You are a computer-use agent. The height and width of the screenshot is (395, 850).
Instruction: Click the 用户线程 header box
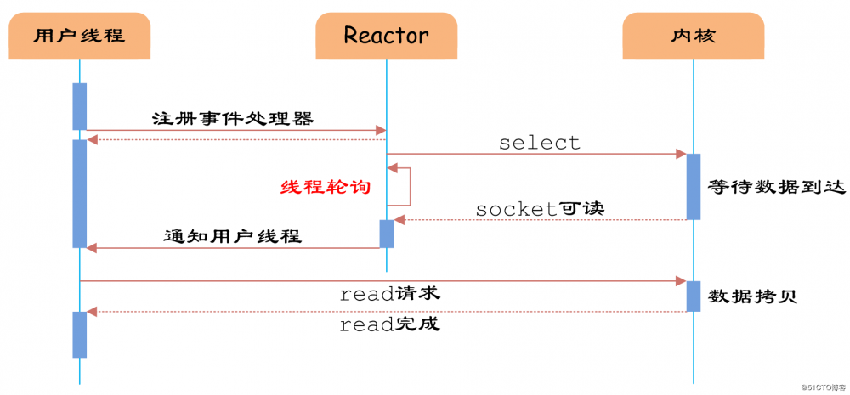point(80,36)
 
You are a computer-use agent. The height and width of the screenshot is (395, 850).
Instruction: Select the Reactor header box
point(386,36)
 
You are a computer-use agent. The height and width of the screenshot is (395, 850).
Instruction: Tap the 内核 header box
point(693,36)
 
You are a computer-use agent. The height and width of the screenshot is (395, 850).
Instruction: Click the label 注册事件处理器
point(232,118)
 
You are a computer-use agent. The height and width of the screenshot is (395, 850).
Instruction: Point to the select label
point(540,143)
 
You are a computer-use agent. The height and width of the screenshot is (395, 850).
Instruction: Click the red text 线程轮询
point(326,187)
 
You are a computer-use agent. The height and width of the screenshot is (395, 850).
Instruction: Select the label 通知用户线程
point(232,236)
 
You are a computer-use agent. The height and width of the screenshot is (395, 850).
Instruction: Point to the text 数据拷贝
point(752,296)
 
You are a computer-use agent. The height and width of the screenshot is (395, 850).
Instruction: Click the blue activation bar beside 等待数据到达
point(693,186)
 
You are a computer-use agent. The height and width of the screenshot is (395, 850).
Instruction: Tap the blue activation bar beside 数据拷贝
point(693,296)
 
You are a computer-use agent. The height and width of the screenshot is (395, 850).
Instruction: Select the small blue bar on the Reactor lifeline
point(386,234)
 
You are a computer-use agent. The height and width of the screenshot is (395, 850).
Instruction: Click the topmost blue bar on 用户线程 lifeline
point(80,106)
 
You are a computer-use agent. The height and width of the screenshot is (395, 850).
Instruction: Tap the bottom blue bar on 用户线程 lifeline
point(80,335)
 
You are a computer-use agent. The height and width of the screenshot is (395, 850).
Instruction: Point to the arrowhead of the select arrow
point(681,154)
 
